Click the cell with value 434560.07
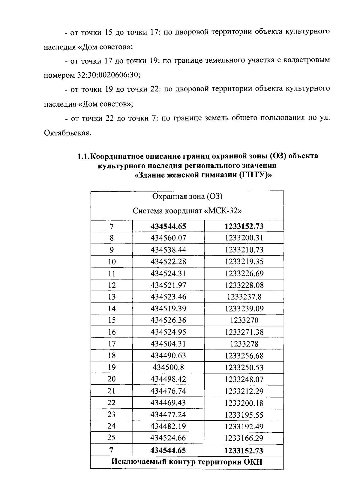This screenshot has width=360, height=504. [168, 238]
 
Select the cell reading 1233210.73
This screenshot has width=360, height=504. [244, 250]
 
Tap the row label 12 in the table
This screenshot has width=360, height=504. [112, 285]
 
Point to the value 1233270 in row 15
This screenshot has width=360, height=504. [244, 320]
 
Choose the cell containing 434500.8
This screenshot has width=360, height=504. [168, 367]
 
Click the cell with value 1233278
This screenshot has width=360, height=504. [244, 344]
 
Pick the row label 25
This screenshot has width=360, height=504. [112, 438]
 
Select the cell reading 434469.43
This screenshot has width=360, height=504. [168, 403]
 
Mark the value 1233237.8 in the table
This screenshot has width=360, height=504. [244, 297]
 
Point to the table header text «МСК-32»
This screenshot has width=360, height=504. [223, 211]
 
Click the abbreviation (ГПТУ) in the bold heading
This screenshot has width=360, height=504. [255, 175]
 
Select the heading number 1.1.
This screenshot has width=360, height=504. [83, 156]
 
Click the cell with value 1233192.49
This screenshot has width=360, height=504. [244, 426]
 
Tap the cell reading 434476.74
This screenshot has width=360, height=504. [168, 391]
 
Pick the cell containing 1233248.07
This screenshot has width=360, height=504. [244, 379]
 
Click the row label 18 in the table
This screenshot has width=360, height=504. [112, 356]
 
